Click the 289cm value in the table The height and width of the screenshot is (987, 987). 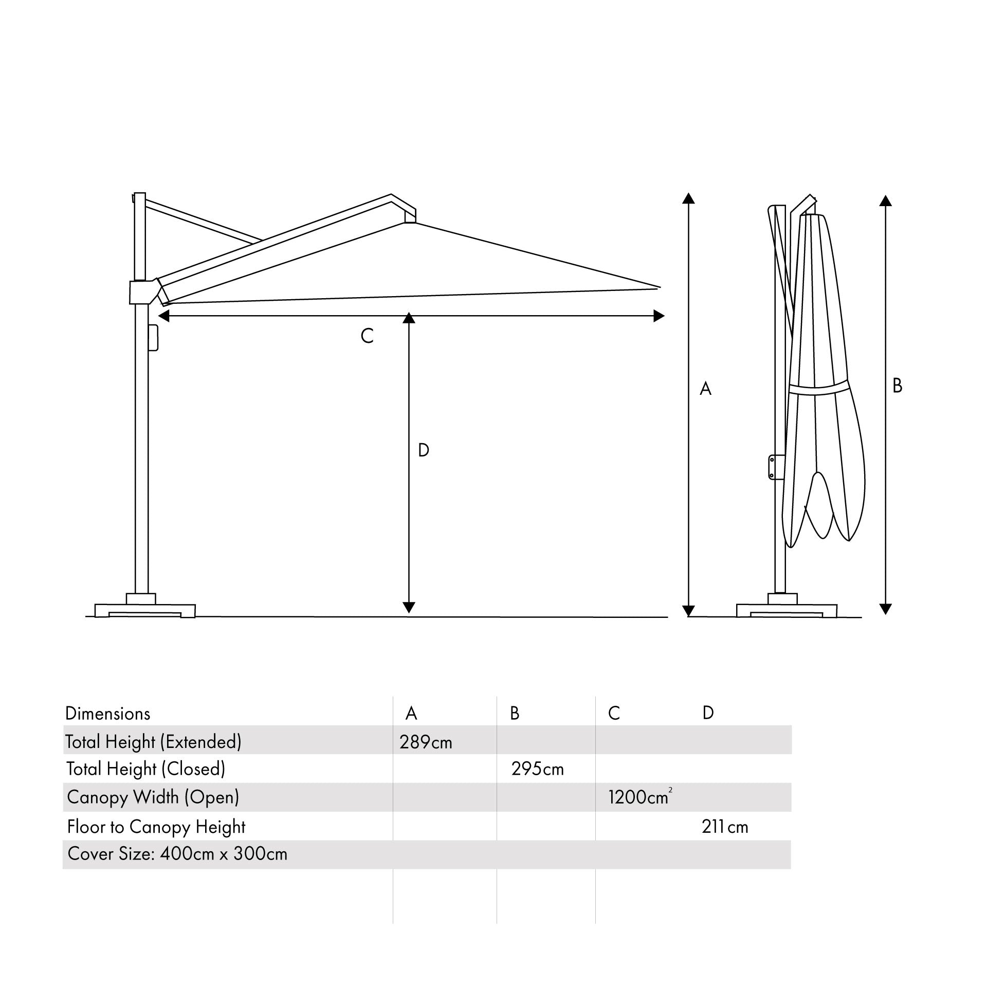point(426,742)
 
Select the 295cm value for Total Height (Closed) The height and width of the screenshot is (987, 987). point(537,769)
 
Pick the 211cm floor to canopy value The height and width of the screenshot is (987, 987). point(725,827)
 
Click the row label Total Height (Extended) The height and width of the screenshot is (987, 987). point(153,742)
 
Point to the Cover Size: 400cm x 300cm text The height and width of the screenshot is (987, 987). point(177,854)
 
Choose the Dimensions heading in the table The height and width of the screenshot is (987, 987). point(108,714)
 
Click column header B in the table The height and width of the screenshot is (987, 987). point(515,714)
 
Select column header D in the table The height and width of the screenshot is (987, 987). point(708,713)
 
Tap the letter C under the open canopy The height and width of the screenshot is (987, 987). point(367,336)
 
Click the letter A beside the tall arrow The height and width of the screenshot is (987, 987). point(705,389)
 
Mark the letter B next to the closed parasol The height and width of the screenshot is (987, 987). point(898,386)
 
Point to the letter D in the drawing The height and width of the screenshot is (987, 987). point(423,450)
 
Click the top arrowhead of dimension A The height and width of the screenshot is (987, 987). point(688,198)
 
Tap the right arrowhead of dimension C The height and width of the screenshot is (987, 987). point(659,316)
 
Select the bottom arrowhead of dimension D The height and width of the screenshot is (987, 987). point(409,607)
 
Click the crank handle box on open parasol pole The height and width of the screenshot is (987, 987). point(153,337)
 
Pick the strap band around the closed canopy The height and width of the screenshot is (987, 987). point(819,389)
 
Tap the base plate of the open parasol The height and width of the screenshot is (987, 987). point(145,610)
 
